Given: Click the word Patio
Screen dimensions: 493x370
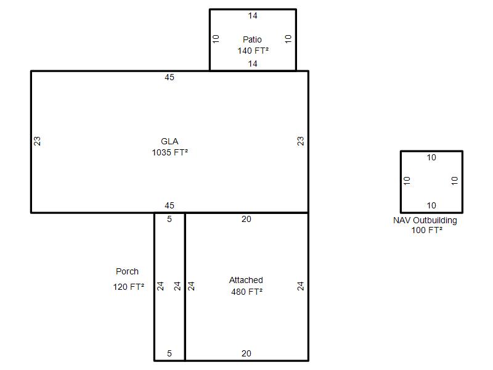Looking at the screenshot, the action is tap(252, 39).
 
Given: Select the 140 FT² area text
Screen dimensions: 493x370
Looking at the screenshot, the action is tap(253, 51).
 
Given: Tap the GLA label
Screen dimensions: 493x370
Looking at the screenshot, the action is tap(169, 141).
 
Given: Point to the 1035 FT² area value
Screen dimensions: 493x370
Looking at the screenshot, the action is tap(170, 152).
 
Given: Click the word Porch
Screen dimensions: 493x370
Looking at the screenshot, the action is tap(127, 271).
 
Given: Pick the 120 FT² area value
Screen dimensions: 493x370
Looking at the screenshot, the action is tap(129, 287).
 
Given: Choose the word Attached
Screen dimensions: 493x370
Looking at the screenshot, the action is tap(246, 280).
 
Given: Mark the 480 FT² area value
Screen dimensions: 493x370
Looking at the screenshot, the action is tap(247, 292).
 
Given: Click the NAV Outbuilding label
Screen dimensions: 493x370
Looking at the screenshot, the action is tap(425, 220).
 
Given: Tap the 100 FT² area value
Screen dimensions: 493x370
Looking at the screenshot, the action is tap(426, 230).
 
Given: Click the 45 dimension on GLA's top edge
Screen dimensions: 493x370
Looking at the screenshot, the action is tap(169, 78).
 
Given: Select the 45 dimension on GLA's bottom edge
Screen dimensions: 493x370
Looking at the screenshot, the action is tap(169, 205).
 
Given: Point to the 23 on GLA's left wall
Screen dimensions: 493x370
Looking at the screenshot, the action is tap(37, 141).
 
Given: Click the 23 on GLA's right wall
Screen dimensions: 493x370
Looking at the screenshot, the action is tap(301, 141).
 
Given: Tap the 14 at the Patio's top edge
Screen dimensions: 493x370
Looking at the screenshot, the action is tap(253, 16).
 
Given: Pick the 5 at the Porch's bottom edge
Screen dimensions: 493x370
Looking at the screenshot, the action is tap(169, 353).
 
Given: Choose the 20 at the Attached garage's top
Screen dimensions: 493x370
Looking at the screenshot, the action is tap(246, 219).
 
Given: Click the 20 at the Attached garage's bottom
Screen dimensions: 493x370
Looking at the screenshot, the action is tap(246, 353).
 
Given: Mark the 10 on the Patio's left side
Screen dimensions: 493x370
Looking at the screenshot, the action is tap(216, 39).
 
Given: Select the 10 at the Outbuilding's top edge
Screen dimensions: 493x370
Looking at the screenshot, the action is tap(431, 157).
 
